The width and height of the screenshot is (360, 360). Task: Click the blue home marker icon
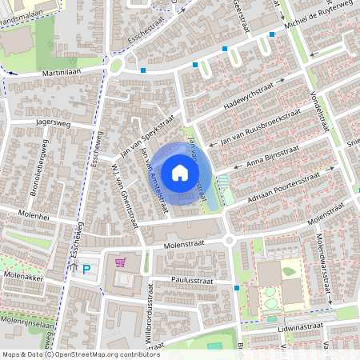point(180,172)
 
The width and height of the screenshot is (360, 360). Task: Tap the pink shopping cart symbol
point(121,262)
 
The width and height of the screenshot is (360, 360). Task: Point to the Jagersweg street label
point(52,124)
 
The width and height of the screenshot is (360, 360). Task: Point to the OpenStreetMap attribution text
point(81,354)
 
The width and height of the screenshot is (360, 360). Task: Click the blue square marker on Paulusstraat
point(237,287)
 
